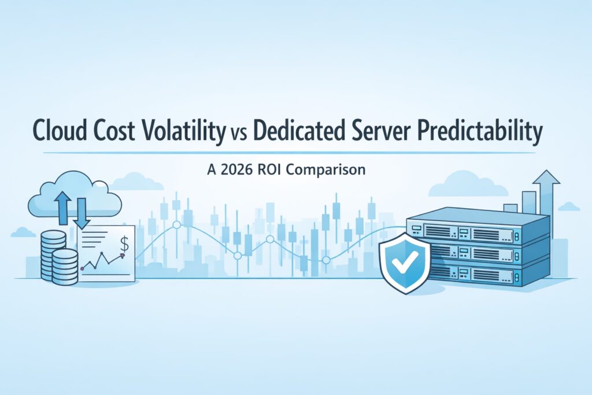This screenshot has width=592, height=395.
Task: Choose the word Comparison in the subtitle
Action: (x=333, y=171)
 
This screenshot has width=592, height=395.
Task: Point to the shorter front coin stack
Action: (x=65, y=267)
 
